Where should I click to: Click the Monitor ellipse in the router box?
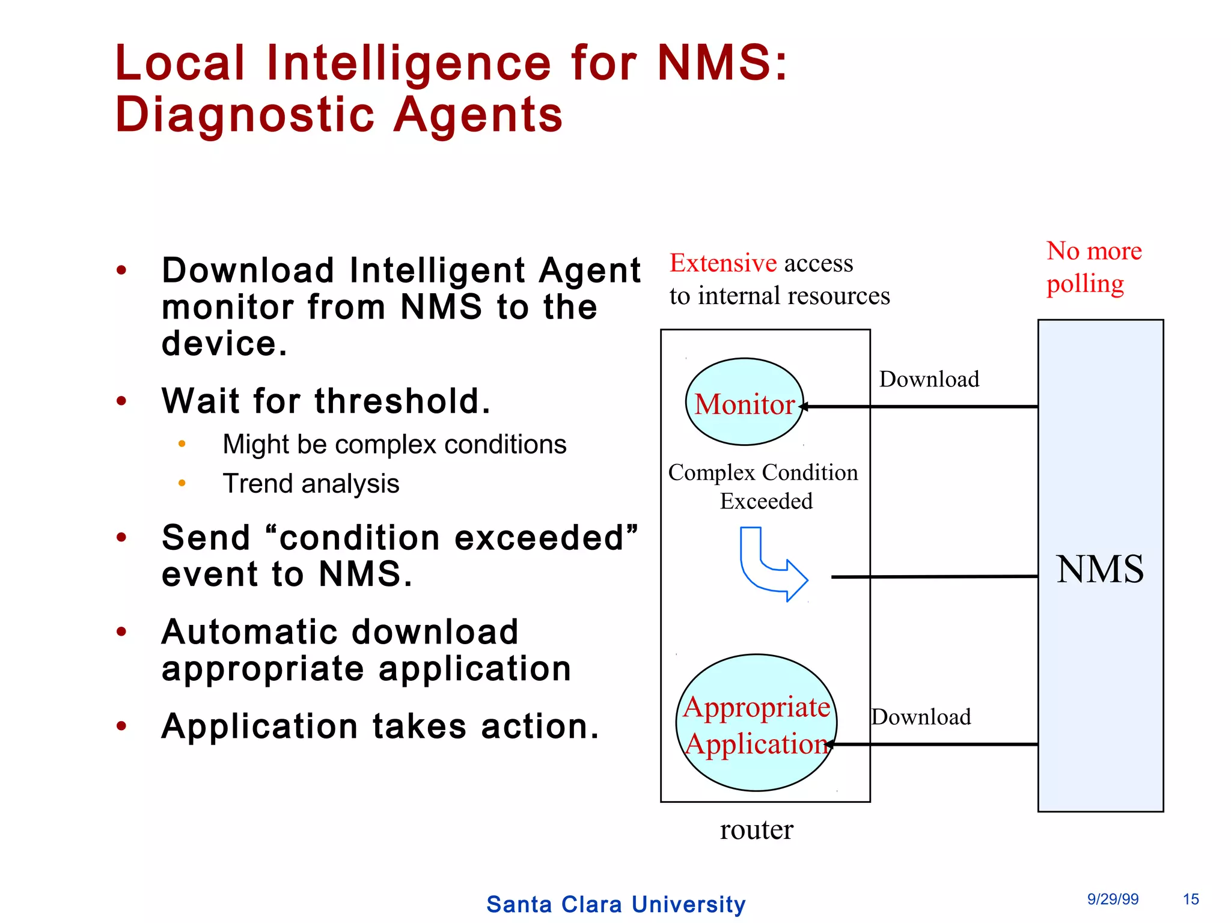point(744,402)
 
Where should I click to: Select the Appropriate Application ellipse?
point(756,723)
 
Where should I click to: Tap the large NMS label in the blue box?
point(1100,569)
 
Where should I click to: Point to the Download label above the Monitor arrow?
point(929,379)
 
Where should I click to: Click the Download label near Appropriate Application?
point(921,717)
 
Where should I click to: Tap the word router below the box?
point(756,830)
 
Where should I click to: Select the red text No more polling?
point(1093,267)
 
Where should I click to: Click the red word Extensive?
point(723,263)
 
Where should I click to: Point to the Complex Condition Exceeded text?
point(763,486)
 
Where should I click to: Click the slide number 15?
point(1190,899)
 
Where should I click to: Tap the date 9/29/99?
point(1112,899)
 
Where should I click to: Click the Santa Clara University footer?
point(615,904)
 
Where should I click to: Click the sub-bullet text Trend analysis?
point(311,484)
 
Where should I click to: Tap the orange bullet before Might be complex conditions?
point(182,445)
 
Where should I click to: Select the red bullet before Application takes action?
point(121,727)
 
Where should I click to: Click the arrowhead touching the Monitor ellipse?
point(804,407)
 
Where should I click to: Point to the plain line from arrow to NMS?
point(934,577)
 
